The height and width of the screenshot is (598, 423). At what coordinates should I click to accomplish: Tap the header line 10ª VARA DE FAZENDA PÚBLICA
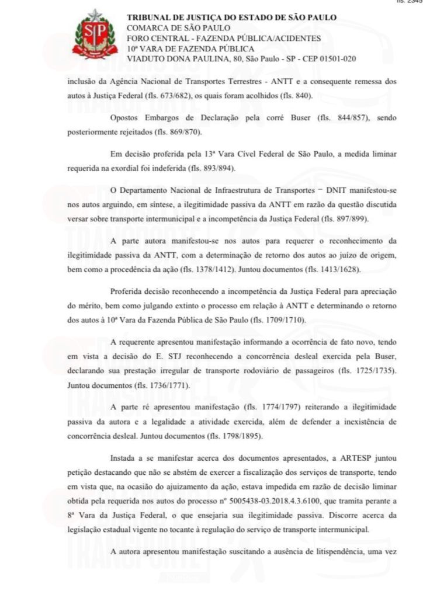tap(190, 48)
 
